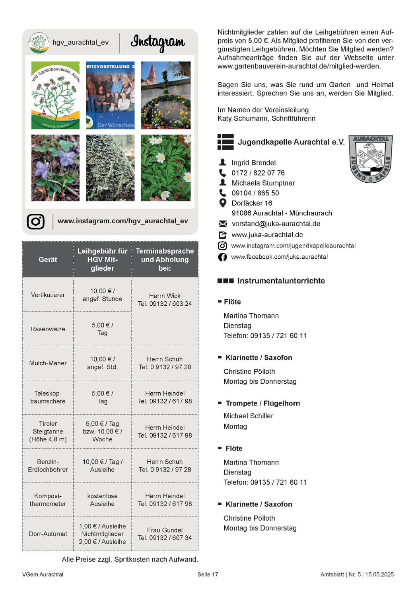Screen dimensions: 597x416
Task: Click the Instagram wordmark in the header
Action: pos(158,42)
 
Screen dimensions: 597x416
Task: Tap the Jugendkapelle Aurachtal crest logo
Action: pos(371,158)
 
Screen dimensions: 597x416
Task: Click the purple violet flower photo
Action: pos(55,168)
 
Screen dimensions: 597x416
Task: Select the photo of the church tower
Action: pos(165,95)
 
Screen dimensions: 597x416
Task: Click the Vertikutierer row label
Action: pos(48,295)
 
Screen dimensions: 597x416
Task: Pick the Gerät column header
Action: pos(48,259)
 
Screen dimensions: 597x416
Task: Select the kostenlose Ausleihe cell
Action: pos(102,500)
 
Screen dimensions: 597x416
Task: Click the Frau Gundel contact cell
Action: pos(165,534)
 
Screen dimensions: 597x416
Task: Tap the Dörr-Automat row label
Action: pos(48,534)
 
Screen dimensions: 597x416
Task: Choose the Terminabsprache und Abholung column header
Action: pos(165,259)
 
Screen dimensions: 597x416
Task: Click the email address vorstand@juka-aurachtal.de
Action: pos(276,224)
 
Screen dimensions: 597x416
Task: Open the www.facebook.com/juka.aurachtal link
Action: pos(279,257)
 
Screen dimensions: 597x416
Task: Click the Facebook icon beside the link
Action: pos(223,257)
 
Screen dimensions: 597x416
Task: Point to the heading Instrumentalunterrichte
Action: pos(281,281)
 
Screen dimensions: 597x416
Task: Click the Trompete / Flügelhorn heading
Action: pos(263,404)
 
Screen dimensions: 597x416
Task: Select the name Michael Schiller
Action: pos(249,416)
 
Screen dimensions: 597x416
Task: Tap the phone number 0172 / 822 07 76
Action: pos(258,173)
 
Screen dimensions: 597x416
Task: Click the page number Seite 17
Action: pos(208,575)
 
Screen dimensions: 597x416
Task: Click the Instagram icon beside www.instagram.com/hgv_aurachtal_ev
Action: pos(36,222)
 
